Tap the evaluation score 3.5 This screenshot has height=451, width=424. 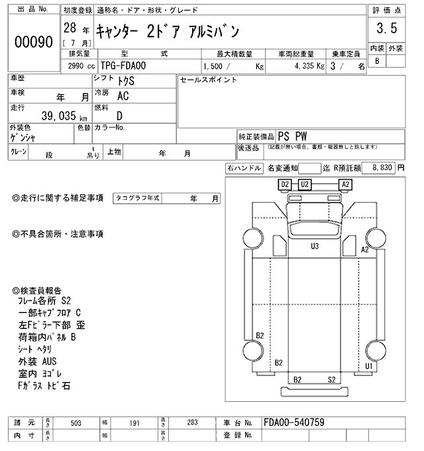385,29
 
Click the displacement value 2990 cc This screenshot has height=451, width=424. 78,66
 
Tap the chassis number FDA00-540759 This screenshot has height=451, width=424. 293,422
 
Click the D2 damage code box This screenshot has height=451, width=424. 285,184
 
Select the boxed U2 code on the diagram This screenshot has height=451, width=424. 305,184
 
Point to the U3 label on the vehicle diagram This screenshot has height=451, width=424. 315,246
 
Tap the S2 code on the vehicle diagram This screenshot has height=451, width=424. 331,379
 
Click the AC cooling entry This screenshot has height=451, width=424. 123,96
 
